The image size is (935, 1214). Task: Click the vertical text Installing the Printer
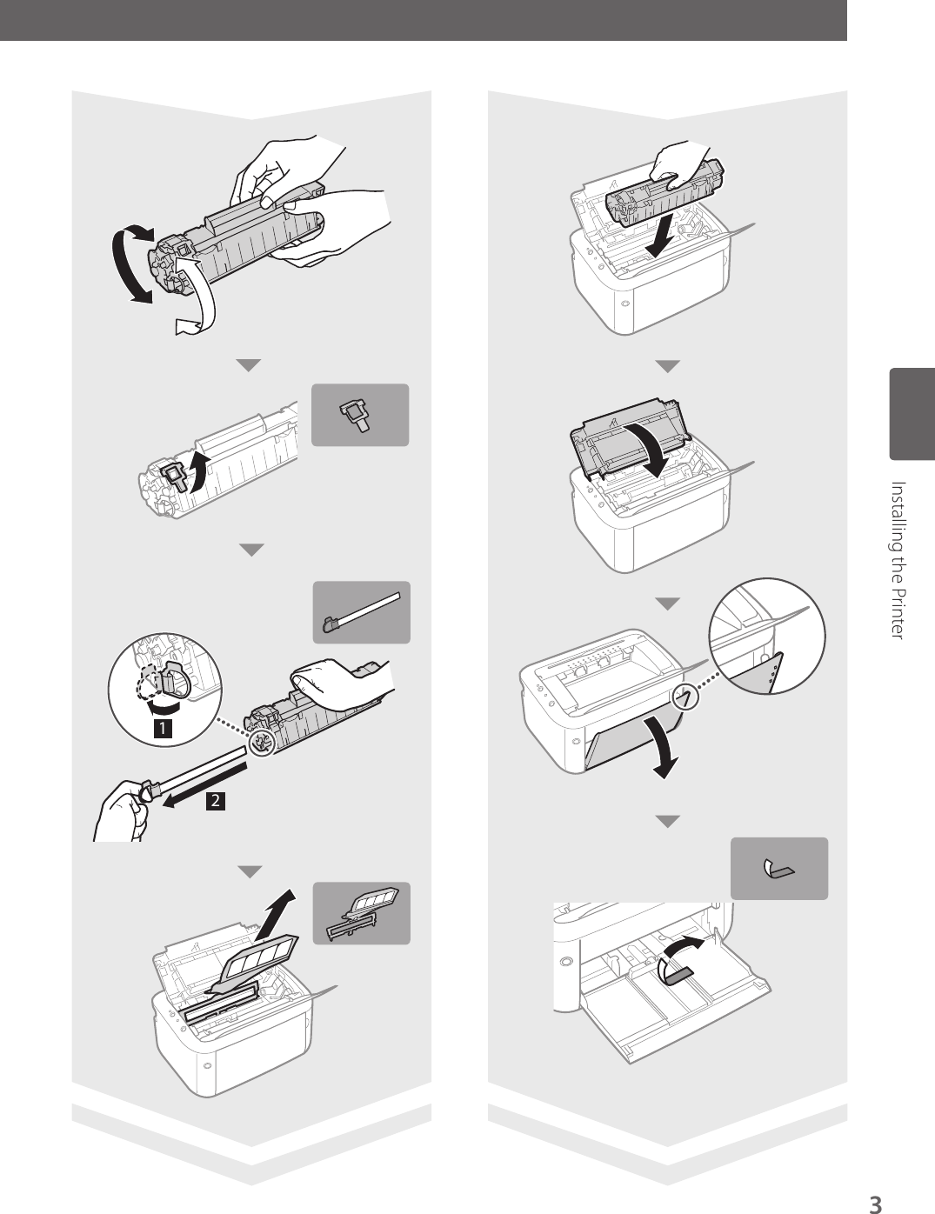(x=898, y=560)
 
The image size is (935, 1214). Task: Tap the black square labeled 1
(x=163, y=729)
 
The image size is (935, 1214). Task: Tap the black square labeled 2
(x=216, y=801)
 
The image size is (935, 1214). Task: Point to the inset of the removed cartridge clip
(x=360, y=415)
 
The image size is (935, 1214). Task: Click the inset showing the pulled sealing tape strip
(x=361, y=612)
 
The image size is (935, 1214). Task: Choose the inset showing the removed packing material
(x=361, y=913)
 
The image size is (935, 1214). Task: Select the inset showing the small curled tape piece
(x=779, y=868)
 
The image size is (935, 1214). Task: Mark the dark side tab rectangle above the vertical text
(x=912, y=414)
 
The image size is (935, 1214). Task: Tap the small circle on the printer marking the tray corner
(x=686, y=697)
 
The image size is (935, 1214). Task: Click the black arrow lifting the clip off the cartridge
(x=198, y=472)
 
